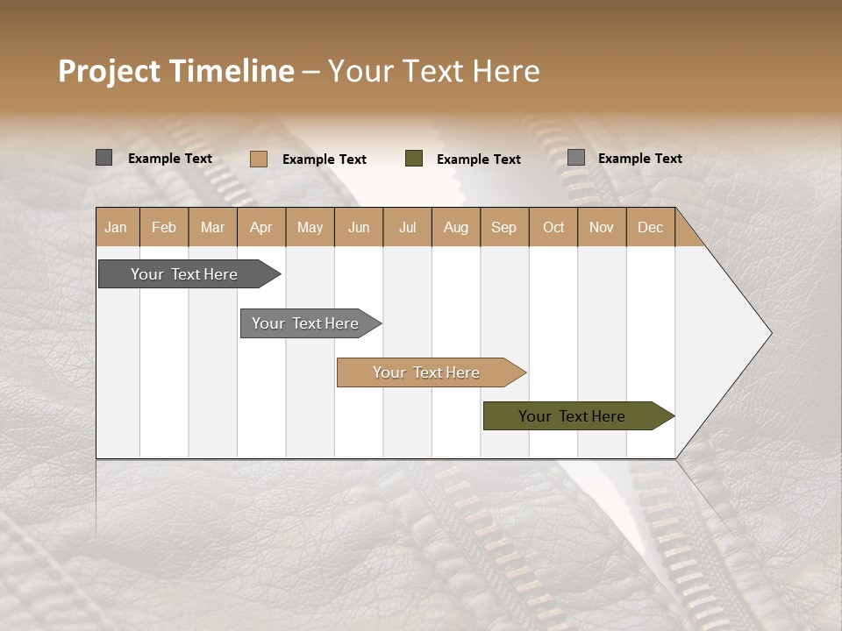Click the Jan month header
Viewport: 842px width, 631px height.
(x=117, y=227)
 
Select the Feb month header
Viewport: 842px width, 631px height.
(x=164, y=227)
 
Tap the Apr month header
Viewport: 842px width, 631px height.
(x=261, y=227)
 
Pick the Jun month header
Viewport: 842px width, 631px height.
(x=359, y=227)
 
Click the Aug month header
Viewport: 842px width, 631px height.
(x=456, y=227)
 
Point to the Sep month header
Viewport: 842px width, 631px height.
(x=504, y=227)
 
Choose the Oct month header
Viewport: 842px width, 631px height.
(x=553, y=227)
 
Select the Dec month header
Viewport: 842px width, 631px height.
(x=651, y=227)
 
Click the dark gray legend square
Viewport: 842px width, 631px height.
(x=103, y=158)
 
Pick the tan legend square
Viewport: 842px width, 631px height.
(x=258, y=159)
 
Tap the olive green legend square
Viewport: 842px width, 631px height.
(x=414, y=159)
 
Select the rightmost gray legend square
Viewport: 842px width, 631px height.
(x=575, y=158)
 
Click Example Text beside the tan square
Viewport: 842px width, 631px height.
(x=324, y=160)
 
